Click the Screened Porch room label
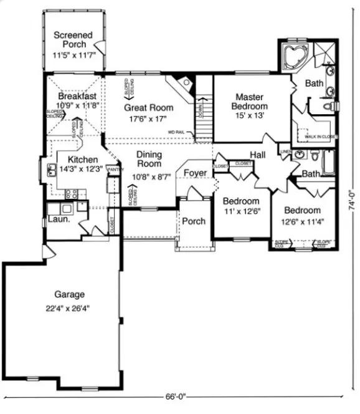click(73, 40)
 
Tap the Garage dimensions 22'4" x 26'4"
click(69, 308)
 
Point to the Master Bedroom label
click(251, 102)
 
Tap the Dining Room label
click(149, 159)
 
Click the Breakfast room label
click(77, 97)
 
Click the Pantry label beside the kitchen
click(113, 169)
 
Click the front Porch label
click(193, 221)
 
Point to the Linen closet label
click(286, 152)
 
